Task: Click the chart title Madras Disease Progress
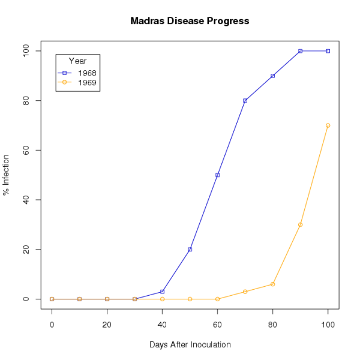click(x=190, y=21)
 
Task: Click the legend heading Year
click(x=77, y=61)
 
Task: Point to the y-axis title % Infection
click(x=7, y=175)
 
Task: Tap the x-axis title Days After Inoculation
click(x=190, y=345)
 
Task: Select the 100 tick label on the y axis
click(x=26, y=51)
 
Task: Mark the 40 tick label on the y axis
click(x=26, y=200)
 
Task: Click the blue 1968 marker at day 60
click(x=217, y=175)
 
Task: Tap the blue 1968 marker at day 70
click(x=245, y=101)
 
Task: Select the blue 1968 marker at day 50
click(x=190, y=250)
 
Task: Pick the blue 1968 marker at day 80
click(x=272, y=76)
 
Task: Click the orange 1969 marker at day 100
click(x=328, y=125)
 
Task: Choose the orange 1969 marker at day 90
click(x=300, y=224)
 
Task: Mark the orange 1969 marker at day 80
click(x=272, y=284)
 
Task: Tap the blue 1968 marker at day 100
click(x=328, y=51)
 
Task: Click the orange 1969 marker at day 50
click(x=190, y=299)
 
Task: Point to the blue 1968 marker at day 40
click(x=162, y=292)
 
